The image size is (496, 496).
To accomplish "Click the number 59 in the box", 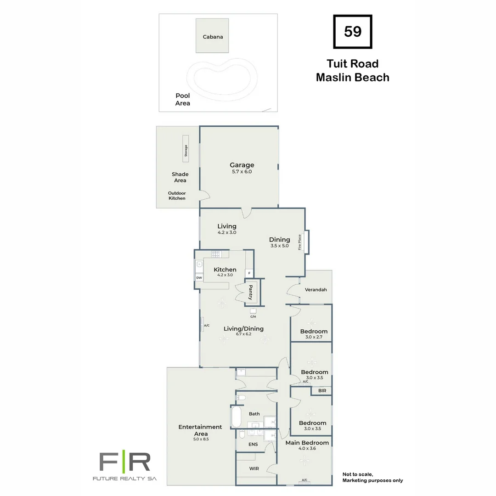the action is click(352, 32).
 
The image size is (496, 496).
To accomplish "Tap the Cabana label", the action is click(213, 37).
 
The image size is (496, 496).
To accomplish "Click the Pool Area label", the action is click(182, 100).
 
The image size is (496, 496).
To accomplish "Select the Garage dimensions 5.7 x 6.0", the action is click(242, 172).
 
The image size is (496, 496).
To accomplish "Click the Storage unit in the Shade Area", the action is click(186, 148).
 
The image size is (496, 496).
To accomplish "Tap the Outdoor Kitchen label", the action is click(177, 196).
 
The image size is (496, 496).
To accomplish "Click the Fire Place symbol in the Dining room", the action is click(306, 242).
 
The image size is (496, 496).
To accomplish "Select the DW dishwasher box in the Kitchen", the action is click(199, 278).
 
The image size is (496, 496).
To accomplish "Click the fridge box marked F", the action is click(249, 273).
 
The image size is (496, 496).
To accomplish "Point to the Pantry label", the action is click(251, 292).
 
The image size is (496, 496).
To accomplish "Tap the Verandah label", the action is click(316, 290).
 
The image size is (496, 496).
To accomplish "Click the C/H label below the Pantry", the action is click(253, 316).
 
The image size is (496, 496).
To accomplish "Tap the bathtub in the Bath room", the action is click(236, 417).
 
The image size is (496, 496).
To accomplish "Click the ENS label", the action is click(253, 444).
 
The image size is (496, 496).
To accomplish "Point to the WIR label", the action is click(254, 469).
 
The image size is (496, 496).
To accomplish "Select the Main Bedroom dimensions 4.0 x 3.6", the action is click(307, 449).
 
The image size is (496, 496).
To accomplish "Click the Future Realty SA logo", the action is click(125, 466).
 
